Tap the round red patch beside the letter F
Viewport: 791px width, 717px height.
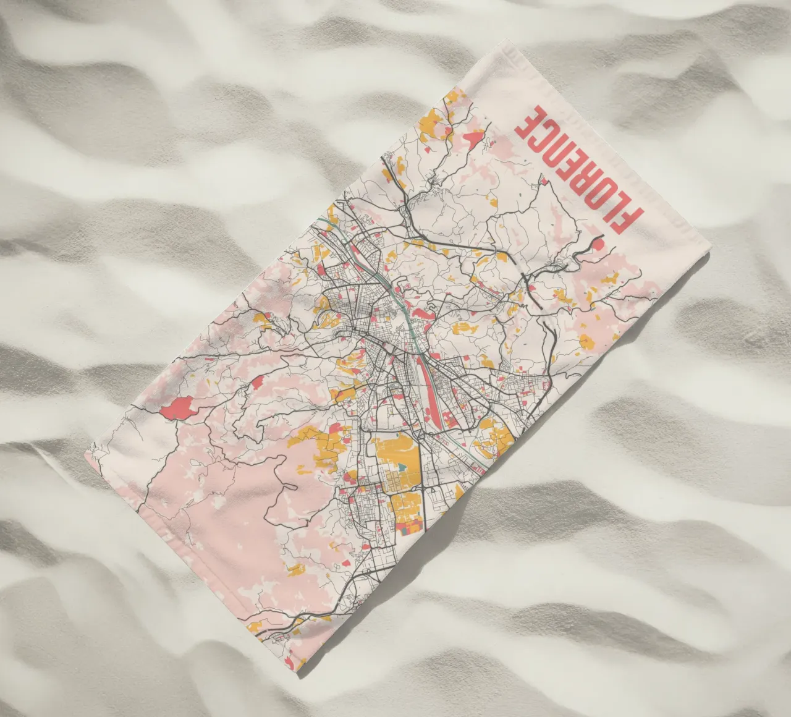click(598, 245)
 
